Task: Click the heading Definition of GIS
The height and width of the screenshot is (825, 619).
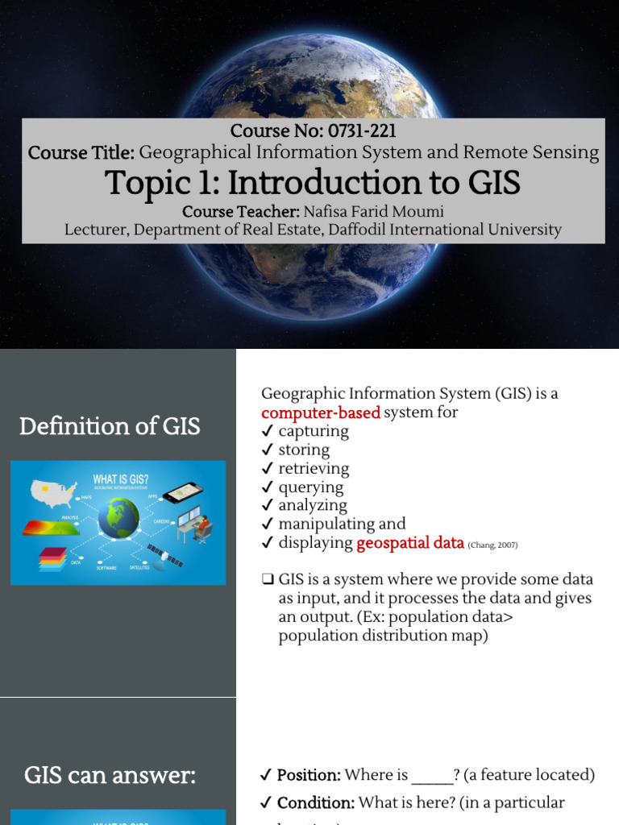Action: click(110, 425)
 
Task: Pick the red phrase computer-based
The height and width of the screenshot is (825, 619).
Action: click(320, 412)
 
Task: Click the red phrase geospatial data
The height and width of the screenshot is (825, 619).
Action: click(410, 543)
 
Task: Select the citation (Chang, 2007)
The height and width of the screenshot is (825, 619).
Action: click(492, 545)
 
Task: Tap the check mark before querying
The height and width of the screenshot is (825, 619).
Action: click(267, 487)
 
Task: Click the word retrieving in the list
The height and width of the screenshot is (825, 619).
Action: click(314, 468)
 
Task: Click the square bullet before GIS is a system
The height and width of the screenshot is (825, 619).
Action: click(268, 580)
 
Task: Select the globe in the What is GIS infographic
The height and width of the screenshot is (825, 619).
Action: click(118, 517)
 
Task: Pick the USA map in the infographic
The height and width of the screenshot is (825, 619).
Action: click(53, 492)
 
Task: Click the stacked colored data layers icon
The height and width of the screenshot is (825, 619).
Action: click(50, 558)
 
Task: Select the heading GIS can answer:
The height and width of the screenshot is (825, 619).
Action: click(110, 776)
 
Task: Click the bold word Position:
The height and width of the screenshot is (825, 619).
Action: click(309, 775)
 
